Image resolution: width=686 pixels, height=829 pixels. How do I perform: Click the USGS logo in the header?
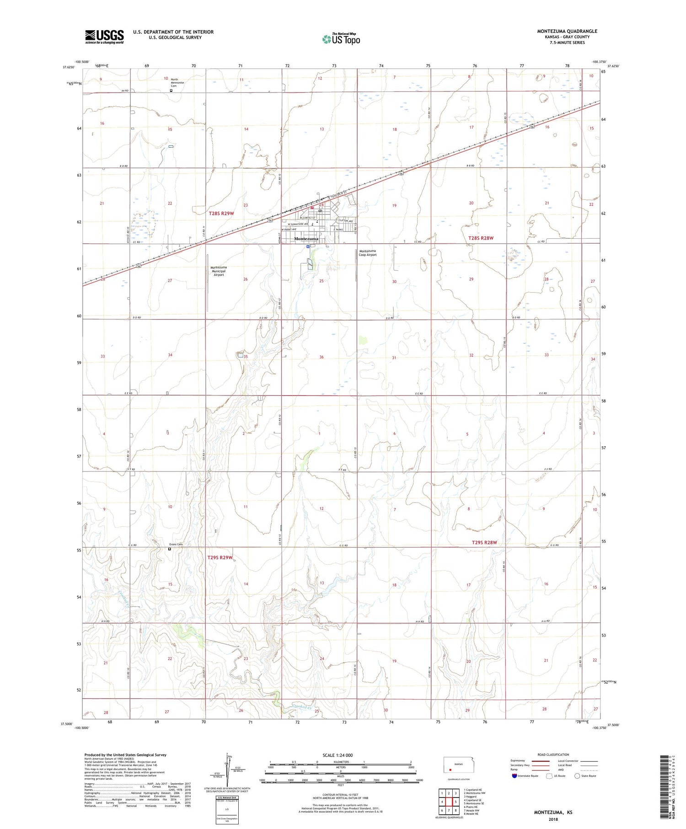(x=104, y=37)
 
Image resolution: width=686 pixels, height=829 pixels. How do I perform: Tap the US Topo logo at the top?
(x=341, y=39)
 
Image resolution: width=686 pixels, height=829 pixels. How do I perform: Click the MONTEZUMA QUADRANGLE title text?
(x=567, y=31)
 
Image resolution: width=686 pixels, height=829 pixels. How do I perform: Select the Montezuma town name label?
(x=306, y=239)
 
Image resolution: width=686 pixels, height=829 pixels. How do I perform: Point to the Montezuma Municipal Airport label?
(x=219, y=271)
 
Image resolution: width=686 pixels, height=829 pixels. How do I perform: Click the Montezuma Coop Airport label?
(x=368, y=253)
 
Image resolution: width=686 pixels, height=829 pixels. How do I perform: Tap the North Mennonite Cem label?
(x=177, y=82)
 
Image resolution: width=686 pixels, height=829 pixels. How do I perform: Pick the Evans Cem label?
(x=176, y=544)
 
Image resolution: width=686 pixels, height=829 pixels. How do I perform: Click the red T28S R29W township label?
(x=221, y=214)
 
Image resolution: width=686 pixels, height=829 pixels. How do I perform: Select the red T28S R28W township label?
(x=481, y=238)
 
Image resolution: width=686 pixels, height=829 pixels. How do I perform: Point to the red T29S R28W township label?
(x=484, y=542)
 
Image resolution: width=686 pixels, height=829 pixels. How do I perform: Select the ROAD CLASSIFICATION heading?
(x=553, y=754)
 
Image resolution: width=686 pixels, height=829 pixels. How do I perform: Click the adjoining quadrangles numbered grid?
(x=449, y=802)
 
